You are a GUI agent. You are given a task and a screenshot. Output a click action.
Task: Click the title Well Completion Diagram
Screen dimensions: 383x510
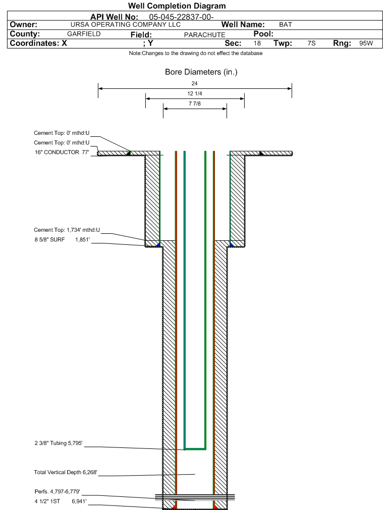(177, 6)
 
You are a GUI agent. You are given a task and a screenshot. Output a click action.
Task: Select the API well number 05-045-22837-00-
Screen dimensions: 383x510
(181, 17)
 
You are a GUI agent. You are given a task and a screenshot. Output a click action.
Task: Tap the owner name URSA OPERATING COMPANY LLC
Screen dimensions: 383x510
(126, 25)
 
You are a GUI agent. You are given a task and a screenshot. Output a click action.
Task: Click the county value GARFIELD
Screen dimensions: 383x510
(84, 34)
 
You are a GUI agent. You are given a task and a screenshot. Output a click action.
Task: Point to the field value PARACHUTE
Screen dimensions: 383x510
(204, 35)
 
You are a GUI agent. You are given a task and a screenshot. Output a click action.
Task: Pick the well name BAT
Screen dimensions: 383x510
(286, 25)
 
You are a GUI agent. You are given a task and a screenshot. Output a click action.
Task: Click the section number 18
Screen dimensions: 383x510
(257, 43)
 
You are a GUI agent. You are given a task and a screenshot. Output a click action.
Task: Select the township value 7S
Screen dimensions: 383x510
(311, 43)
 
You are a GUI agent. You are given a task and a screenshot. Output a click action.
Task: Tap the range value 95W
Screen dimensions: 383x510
(366, 43)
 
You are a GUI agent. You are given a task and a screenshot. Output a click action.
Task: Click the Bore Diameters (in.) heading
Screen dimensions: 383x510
(201, 72)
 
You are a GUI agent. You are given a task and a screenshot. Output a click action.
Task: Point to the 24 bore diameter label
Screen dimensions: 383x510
(194, 84)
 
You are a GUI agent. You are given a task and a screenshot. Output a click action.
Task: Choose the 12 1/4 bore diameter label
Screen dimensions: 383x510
(194, 94)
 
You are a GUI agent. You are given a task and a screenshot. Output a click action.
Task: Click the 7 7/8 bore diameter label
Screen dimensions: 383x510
(194, 104)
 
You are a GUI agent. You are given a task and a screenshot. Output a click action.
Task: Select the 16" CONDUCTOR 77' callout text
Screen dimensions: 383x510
(62, 152)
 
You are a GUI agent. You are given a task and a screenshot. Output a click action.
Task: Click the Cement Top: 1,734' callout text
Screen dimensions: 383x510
(67, 230)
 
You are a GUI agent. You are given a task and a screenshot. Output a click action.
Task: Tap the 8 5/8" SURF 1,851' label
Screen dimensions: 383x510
(62, 240)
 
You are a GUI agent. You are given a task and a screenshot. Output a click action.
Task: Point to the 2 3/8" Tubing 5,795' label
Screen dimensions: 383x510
(59, 443)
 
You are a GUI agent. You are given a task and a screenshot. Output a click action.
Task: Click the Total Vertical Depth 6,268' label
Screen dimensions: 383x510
(66, 472)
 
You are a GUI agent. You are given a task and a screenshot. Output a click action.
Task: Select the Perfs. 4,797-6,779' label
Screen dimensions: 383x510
(57, 491)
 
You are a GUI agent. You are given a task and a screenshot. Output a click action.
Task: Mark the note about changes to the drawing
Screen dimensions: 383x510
(196, 53)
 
